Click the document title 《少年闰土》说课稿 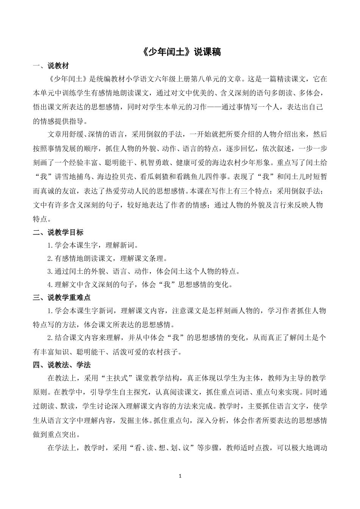(180, 52)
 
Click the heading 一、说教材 (51, 66)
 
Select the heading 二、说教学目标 (58, 232)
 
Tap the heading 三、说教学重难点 (61, 298)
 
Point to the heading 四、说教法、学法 (61, 365)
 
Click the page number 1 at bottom (180, 476)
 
